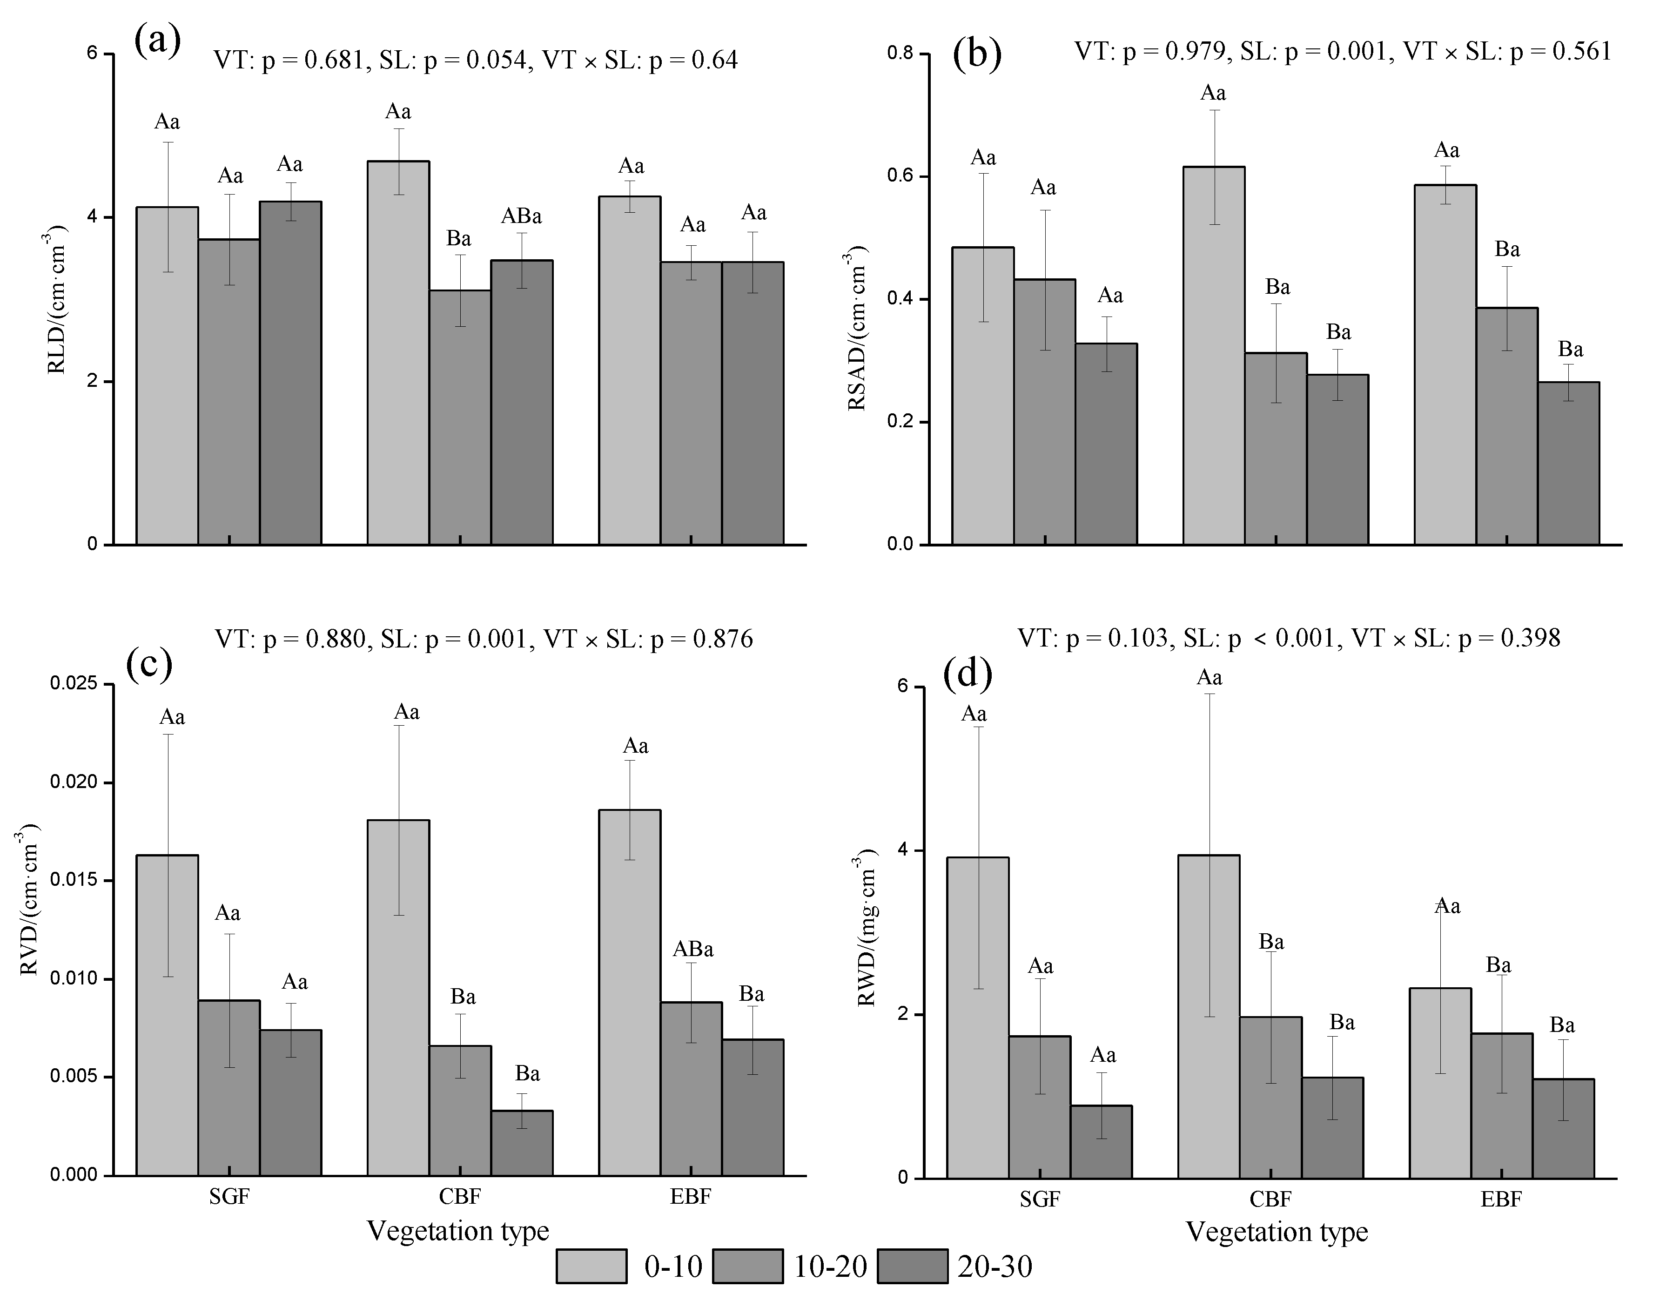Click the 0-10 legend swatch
point(591,1267)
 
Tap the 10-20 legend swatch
point(748,1267)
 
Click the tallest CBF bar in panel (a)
point(398,353)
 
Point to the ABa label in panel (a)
point(522,216)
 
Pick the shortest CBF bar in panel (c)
point(522,1143)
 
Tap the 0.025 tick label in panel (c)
point(74,683)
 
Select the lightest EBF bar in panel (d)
point(1441,1083)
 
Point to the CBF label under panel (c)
point(460,1197)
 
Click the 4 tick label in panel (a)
point(92,217)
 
